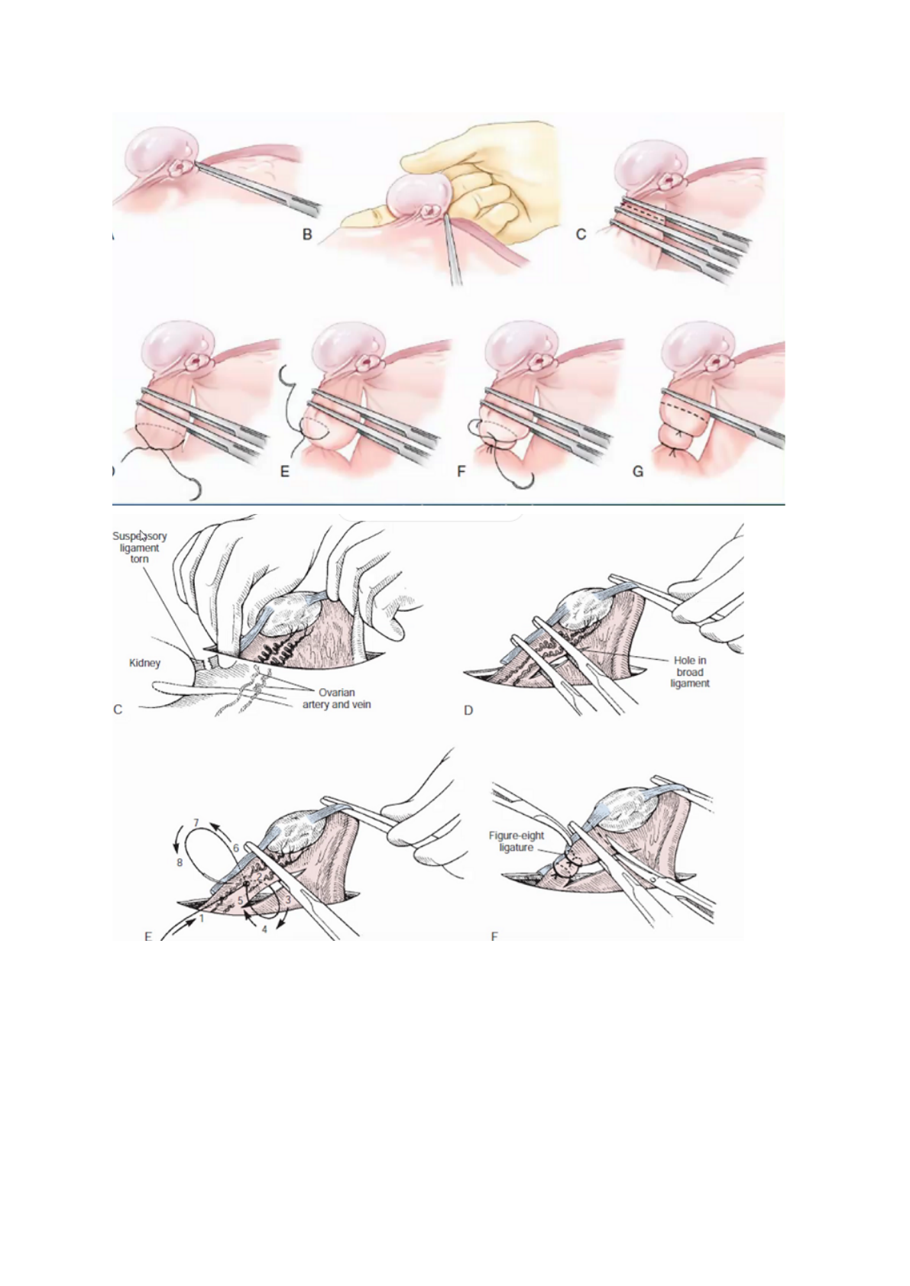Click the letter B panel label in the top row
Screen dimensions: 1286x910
pyautogui.click(x=307, y=234)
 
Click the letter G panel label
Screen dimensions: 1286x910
pyautogui.click(x=638, y=471)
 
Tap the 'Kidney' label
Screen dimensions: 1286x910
pyautogui.click(x=144, y=663)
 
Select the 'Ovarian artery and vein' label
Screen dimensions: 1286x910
pyautogui.click(x=336, y=699)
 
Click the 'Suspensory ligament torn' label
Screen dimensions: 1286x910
pyautogui.click(x=139, y=548)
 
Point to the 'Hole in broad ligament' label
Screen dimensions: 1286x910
pyautogui.click(x=690, y=672)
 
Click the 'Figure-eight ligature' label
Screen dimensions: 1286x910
pyautogui.click(x=517, y=842)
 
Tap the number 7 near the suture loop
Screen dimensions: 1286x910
pyautogui.click(x=196, y=822)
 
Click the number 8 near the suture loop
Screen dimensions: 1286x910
pyautogui.click(x=180, y=862)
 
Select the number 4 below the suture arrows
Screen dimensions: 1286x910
pyautogui.click(x=264, y=930)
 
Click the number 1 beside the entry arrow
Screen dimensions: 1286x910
pyautogui.click(x=202, y=919)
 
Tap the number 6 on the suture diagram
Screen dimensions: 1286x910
pyautogui.click(x=236, y=848)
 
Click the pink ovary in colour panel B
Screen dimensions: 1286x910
pyautogui.click(x=416, y=199)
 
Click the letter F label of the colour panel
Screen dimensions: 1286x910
pyautogui.click(x=461, y=471)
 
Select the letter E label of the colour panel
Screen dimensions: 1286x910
pyautogui.click(x=284, y=471)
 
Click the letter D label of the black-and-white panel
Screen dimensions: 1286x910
pyautogui.click(x=468, y=710)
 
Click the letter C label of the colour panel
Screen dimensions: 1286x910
pyautogui.click(x=581, y=234)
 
